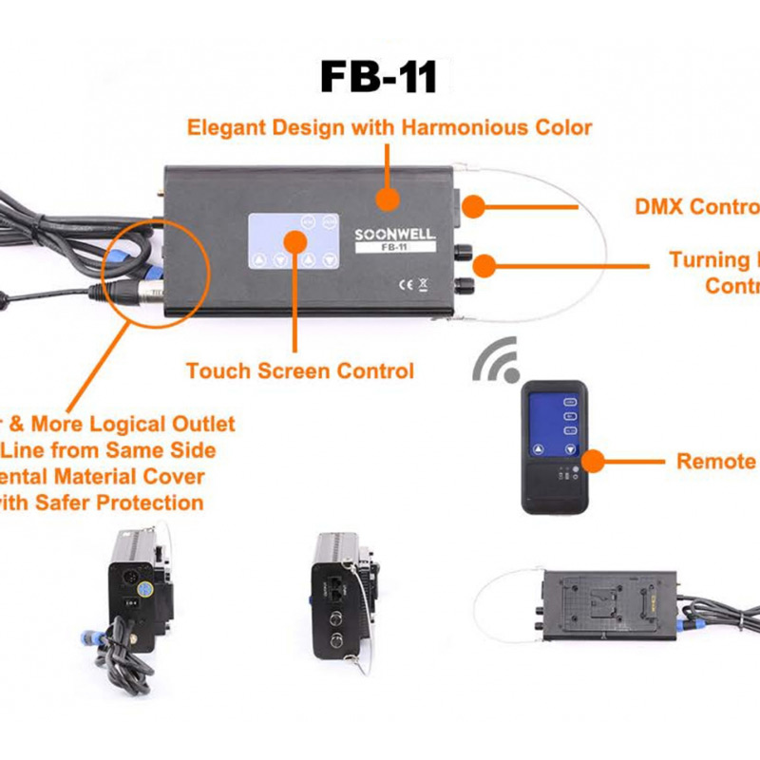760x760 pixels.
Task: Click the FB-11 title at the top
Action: tap(379, 76)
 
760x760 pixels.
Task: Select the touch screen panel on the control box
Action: tap(294, 244)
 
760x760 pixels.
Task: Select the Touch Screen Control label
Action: tap(300, 370)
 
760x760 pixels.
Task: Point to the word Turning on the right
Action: tap(709, 259)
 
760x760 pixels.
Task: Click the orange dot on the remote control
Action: tap(595, 462)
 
